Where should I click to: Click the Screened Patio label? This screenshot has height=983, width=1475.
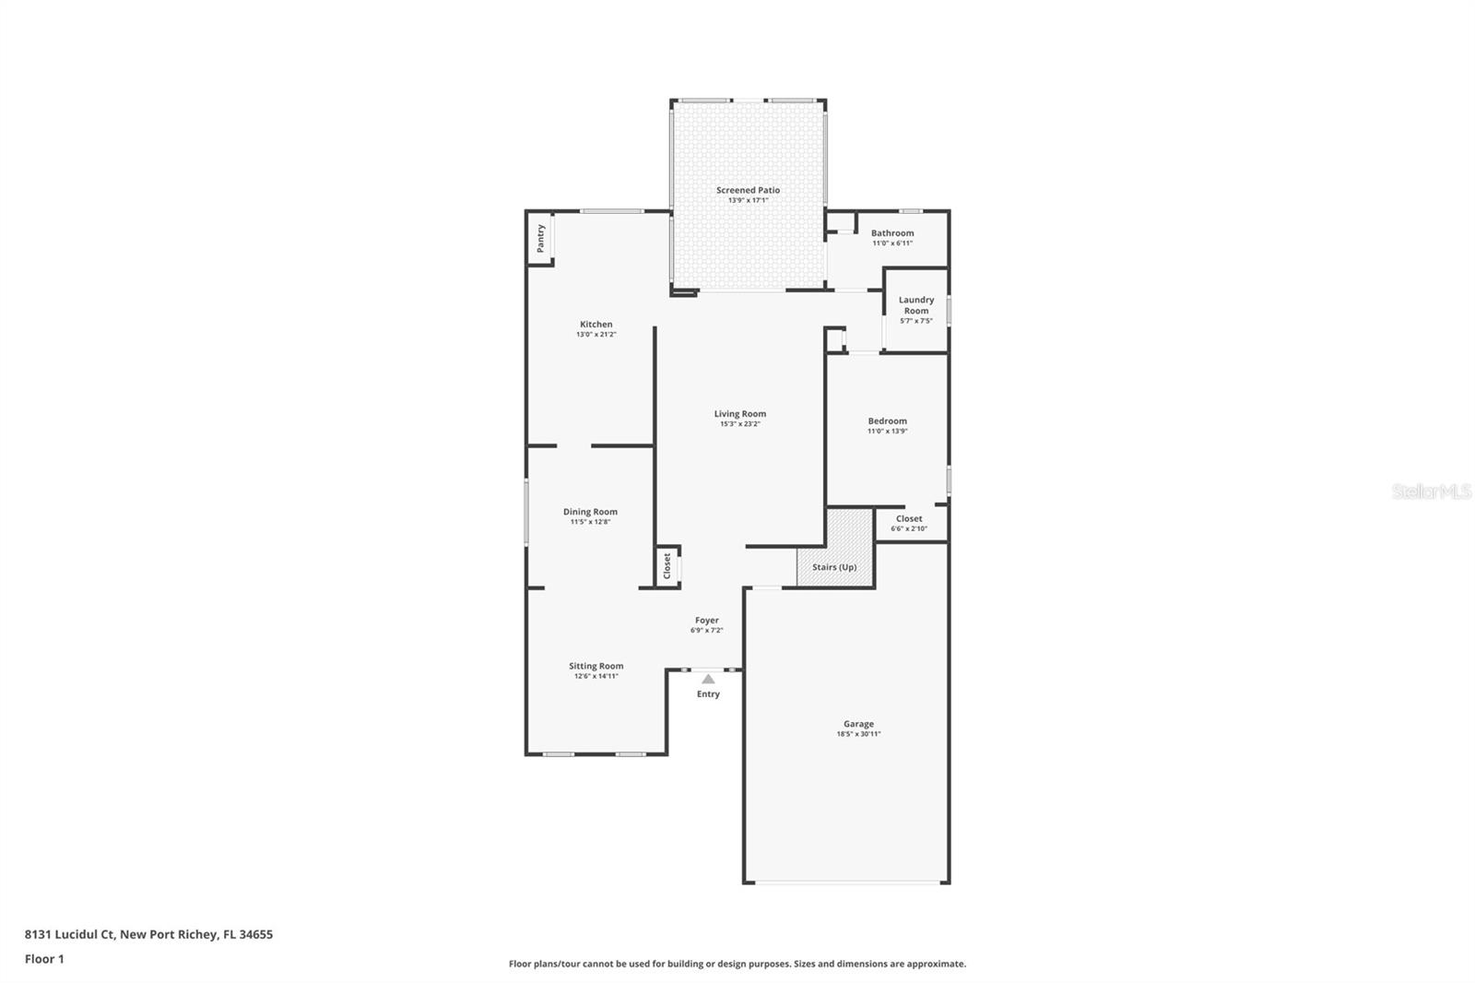[748, 190]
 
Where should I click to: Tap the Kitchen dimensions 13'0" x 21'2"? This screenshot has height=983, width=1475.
[596, 335]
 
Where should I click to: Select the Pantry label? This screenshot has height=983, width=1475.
[540, 238]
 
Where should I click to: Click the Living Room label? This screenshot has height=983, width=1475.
[739, 414]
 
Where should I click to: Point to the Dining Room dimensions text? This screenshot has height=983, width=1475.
[590, 522]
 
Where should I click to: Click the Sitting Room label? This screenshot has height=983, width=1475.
[596, 666]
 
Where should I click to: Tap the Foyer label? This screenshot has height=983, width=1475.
[706, 621]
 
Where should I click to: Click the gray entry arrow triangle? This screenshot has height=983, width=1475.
[708, 680]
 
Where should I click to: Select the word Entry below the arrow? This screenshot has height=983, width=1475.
[708, 694]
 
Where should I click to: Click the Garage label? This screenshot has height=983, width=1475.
[858, 724]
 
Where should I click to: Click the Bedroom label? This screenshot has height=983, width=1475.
[887, 420]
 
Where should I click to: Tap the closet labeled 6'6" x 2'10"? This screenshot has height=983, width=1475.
[908, 524]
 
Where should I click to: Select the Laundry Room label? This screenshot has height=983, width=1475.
[915, 305]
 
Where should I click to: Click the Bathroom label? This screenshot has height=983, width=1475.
[892, 233]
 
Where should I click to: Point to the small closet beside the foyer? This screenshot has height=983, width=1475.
[667, 566]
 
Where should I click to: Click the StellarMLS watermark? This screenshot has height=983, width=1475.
[1431, 492]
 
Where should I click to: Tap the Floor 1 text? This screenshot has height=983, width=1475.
[44, 959]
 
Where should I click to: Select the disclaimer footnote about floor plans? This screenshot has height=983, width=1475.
[737, 964]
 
